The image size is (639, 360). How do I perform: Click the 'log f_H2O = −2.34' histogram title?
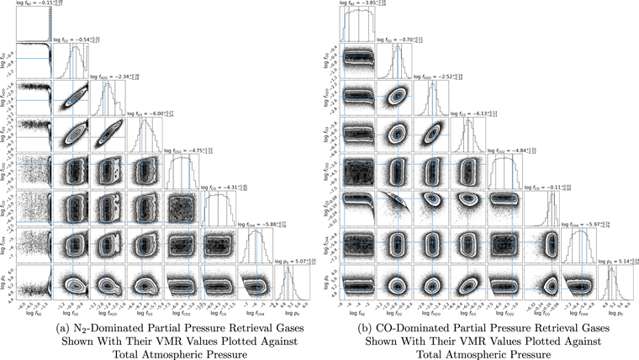(x=108, y=76)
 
